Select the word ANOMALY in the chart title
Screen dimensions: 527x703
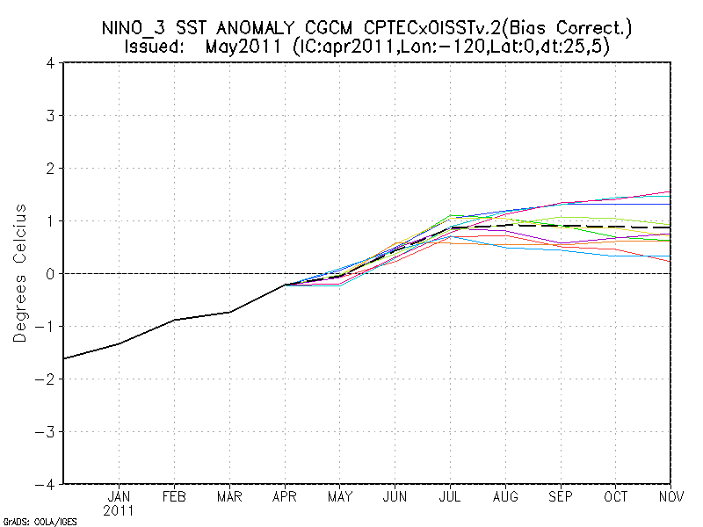click(257, 27)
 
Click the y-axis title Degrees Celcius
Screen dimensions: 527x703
click(19, 273)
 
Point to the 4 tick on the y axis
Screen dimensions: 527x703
click(51, 63)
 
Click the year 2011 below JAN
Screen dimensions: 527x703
click(119, 509)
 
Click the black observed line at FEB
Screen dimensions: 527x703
click(174, 320)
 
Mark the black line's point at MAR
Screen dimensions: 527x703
click(229, 312)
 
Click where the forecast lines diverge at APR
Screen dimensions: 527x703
click(285, 285)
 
